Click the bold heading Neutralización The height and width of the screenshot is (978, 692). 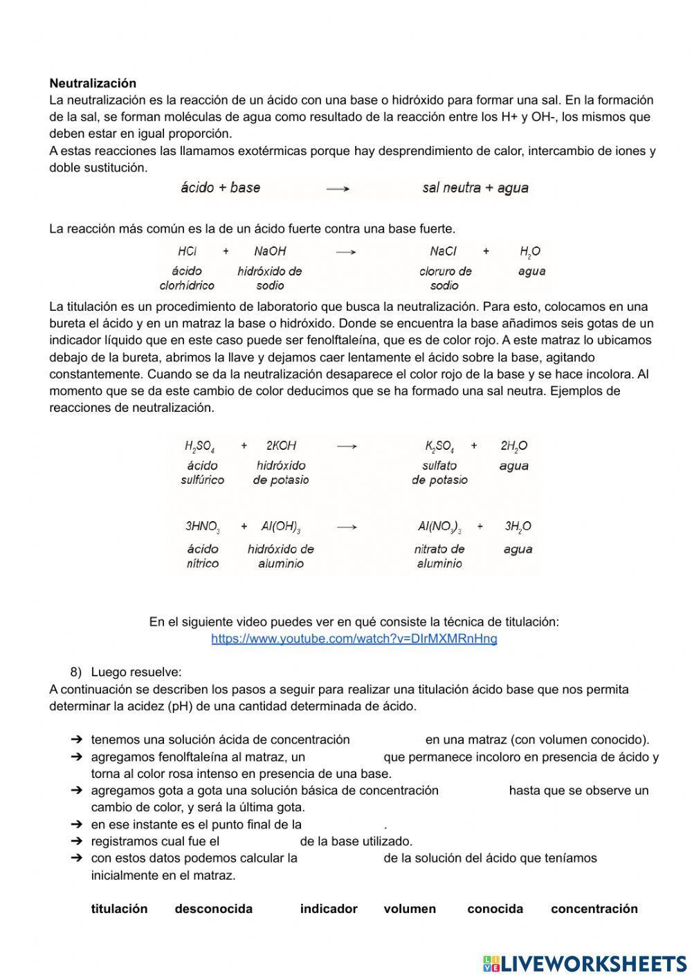point(93,83)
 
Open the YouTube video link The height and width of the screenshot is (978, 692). point(354,638)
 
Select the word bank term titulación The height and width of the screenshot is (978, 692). point(119,909)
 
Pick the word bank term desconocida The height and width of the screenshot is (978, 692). point(213,909)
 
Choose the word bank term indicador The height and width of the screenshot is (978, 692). point(329,909)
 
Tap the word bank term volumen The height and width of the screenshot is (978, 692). point(410,909)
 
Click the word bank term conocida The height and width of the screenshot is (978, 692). point(495,909)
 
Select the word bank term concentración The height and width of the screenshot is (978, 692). point(594,909)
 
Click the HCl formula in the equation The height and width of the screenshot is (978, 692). point(187,251)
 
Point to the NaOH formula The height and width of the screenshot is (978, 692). point(270,251)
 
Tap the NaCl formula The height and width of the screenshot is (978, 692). point(443,251)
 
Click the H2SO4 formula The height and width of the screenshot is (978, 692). point(199,446)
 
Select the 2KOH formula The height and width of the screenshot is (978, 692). point(281,446)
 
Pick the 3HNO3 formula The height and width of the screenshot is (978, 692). point(202,527)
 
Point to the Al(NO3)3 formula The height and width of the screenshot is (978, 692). point(439,527)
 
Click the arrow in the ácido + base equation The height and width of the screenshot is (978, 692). point(338,188)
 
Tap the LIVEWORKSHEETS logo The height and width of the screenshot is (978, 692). point(585,963)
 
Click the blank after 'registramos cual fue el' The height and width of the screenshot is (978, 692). point(259,842)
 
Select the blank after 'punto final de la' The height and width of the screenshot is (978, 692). point(343,824)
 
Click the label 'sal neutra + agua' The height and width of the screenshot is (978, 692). point(475,188)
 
